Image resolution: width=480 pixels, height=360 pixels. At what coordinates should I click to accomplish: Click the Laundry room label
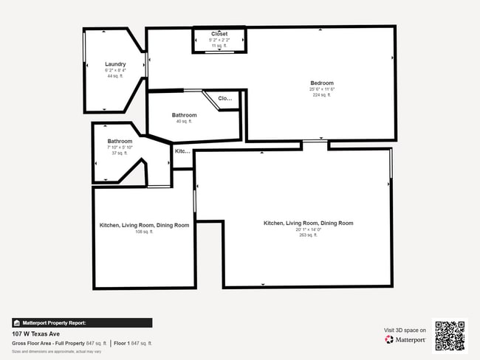click(x=115, y=64)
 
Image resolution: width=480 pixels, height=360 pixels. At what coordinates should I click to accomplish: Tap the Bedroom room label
click(x=322, y=83)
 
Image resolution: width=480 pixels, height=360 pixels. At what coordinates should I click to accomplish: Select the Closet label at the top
click(x=219, y=34)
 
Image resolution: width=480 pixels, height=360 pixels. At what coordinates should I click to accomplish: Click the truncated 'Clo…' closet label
click(x=225, y=98)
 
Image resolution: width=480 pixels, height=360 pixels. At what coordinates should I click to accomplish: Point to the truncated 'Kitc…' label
click(x=182, y=151)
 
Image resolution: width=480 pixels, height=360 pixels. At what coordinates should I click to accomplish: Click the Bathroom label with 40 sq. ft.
click(x=184, y=115)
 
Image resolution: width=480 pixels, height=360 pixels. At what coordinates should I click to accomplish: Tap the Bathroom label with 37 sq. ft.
click(x=120, y=141)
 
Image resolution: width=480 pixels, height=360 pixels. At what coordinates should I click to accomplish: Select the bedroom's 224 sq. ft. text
click(x=322, y=94)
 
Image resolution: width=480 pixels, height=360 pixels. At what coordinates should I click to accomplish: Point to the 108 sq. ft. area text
click(x=144, y=232)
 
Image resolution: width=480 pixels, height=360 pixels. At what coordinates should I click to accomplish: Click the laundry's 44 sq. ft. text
click(x=115, y=76)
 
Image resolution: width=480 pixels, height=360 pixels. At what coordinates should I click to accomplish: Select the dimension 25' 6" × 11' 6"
click(x=322, y=89)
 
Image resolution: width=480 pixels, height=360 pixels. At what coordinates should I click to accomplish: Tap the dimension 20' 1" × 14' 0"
click(x=308, y=229)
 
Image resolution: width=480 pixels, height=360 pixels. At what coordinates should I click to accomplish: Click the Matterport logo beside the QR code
click(x=405, y=340)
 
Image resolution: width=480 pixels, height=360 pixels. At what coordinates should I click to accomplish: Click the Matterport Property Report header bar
click(x=82, y=322)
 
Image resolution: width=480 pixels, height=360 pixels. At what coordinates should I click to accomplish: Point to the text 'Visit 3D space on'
click(x=405, y=330)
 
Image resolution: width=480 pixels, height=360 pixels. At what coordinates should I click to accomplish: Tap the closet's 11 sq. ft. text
click(x=219, y=46)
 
